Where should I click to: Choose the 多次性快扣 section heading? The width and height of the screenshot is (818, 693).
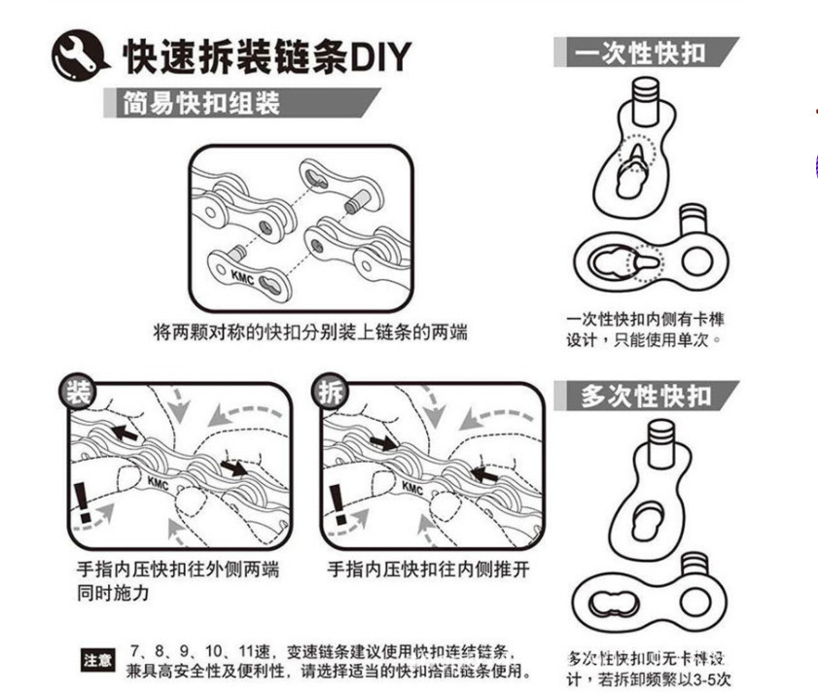pyautogui.click(x=645, y=396)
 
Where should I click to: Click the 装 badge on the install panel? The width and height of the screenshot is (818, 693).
pyautogui.click(x=76, y=393)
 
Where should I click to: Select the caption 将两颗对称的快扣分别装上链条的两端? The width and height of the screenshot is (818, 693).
pyautogui.click(x=310, y=332)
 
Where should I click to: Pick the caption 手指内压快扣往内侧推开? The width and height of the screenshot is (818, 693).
pyautogui.click(x=428, y=569)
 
